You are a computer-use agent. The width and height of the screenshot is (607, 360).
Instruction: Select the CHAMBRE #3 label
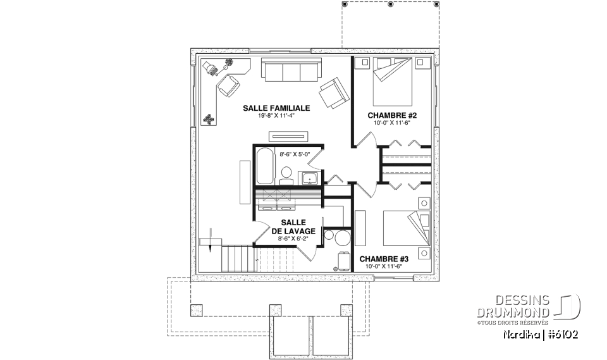tap(384, 259)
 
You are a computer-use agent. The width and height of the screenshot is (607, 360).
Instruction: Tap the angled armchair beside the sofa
tap(333, 93)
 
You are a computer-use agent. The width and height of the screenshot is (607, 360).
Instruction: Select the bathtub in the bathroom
tap(264, 166)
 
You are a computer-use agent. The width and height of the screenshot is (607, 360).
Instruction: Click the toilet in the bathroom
tap(286, 174)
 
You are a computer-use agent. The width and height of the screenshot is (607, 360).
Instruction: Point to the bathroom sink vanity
tap(309, 178)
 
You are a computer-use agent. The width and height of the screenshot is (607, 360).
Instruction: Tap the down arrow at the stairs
tap(208, 244)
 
